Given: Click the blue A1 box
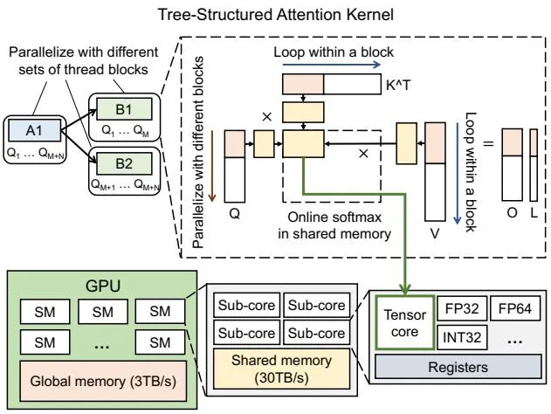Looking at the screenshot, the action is (34, 130).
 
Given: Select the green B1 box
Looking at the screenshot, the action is (124, 109).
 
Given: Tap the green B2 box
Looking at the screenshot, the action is (124, 163).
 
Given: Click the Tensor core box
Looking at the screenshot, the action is (405, 322).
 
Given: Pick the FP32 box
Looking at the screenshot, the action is (462, 308).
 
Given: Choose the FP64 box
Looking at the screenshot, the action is (515, 308).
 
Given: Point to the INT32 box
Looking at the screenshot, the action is (462, 337).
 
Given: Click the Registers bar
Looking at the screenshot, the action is (458, 367).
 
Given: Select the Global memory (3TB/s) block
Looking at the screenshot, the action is (103, 381).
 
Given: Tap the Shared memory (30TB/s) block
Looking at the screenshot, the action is (281, 369).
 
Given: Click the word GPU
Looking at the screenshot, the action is (103, 286).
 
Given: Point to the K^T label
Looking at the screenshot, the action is (398, 85).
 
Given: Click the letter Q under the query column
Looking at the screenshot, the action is (234, 213).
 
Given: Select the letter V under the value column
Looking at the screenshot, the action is (435, 233).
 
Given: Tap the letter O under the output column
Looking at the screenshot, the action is (512, 212).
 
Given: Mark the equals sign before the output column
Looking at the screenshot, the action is (488, 143).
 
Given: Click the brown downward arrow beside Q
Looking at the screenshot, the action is (212, 166).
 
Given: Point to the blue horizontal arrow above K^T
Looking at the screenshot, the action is (331, 65).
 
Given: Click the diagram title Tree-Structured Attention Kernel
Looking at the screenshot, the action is (276, 15).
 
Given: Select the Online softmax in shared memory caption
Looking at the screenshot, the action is (334, 225).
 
